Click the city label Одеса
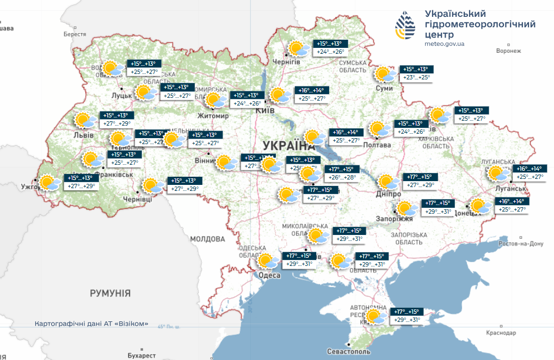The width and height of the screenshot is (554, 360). click(269, 276)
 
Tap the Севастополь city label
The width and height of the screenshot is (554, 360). click(348, 352)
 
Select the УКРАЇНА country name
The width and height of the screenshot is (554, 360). click(288, 146)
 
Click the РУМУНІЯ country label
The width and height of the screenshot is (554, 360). click(110, 293)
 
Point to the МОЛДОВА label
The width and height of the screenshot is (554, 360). click(207, 239)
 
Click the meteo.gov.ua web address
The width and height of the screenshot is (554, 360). click(444, 43)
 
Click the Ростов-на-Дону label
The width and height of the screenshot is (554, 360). click(522, 244)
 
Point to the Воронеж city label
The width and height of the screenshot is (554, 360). click(509, 51)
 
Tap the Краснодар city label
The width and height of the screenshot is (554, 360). click(501, 332)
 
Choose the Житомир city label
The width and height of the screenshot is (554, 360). click(213, 116)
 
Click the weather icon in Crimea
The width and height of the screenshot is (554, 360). click(376, 316)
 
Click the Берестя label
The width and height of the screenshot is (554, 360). click(75, 34)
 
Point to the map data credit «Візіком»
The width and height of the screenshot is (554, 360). click(91, 324)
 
